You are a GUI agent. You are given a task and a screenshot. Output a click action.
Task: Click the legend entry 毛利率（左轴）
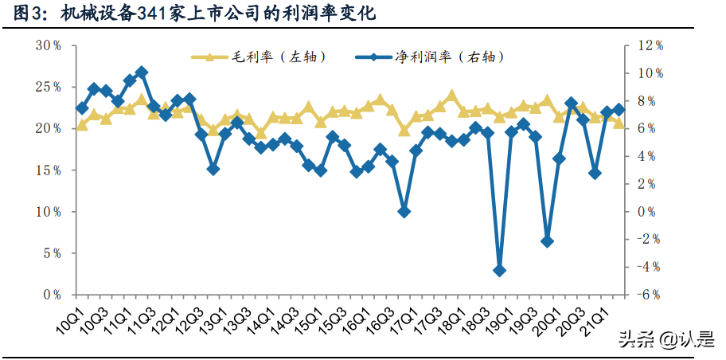260,57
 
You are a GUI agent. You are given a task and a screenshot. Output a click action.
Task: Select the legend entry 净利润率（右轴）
437,57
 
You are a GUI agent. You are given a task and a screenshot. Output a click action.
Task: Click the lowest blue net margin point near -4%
499,271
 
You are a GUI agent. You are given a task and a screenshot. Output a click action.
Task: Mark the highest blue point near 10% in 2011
141,72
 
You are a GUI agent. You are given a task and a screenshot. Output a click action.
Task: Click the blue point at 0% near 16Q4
404,212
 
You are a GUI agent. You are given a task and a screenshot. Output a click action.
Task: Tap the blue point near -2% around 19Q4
547,241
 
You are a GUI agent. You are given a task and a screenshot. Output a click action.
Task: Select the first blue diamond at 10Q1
81,108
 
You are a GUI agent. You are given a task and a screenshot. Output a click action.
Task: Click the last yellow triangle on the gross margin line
619,123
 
